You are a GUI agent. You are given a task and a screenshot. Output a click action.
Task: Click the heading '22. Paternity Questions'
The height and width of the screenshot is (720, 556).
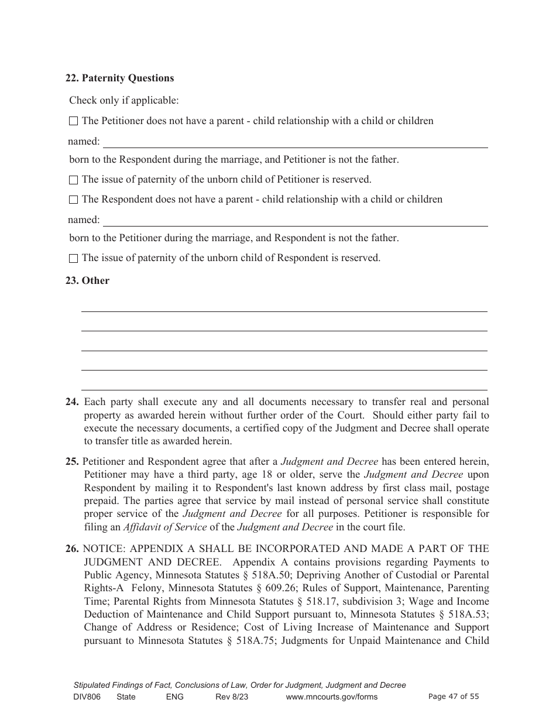(x=119, y=78)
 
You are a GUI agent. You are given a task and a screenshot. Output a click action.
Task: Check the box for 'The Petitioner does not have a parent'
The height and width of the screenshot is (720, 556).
(x=73, y=121)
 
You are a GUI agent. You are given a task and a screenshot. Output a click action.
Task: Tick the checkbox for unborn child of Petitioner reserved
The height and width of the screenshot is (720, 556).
(x=73, y=180)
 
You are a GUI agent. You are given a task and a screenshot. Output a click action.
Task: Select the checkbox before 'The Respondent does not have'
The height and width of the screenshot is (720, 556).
(x=73, y=200)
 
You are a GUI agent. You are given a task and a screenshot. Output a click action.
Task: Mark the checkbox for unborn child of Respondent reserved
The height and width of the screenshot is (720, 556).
(x=73, y=258)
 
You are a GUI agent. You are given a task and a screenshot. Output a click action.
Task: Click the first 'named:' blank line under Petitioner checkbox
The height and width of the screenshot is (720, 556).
(x=295, y=143)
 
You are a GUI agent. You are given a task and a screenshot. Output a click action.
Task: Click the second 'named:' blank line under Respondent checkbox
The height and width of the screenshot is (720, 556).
(x=295, y=222)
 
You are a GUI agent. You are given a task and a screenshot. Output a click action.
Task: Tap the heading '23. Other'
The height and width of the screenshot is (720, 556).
(x=87, y=281)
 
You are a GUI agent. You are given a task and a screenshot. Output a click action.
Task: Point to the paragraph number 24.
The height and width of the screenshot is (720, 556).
(x=72, y=402)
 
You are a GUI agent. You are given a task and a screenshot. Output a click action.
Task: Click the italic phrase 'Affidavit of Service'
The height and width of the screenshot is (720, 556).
(x=164, y=527)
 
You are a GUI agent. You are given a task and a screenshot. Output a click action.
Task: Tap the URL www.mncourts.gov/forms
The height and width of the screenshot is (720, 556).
(x=331, y=697)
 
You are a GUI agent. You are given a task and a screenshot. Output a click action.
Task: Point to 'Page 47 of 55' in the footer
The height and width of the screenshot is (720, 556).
(x=454, y=697)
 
